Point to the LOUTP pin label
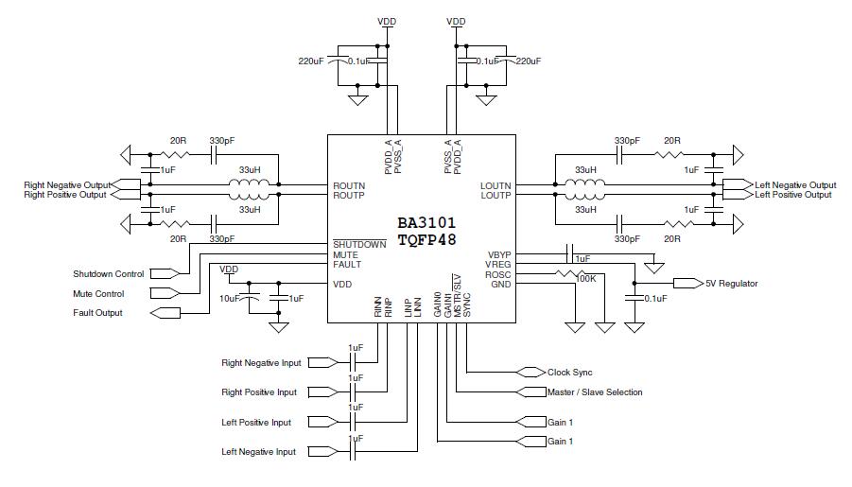495,196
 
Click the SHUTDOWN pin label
359,245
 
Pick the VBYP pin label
499,255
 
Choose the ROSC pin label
498,275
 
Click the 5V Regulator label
731,283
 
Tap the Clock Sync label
570,372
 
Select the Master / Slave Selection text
595,391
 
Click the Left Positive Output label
793,195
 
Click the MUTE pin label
345,255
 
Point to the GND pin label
500,285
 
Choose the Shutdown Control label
109,274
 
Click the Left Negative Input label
258,452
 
